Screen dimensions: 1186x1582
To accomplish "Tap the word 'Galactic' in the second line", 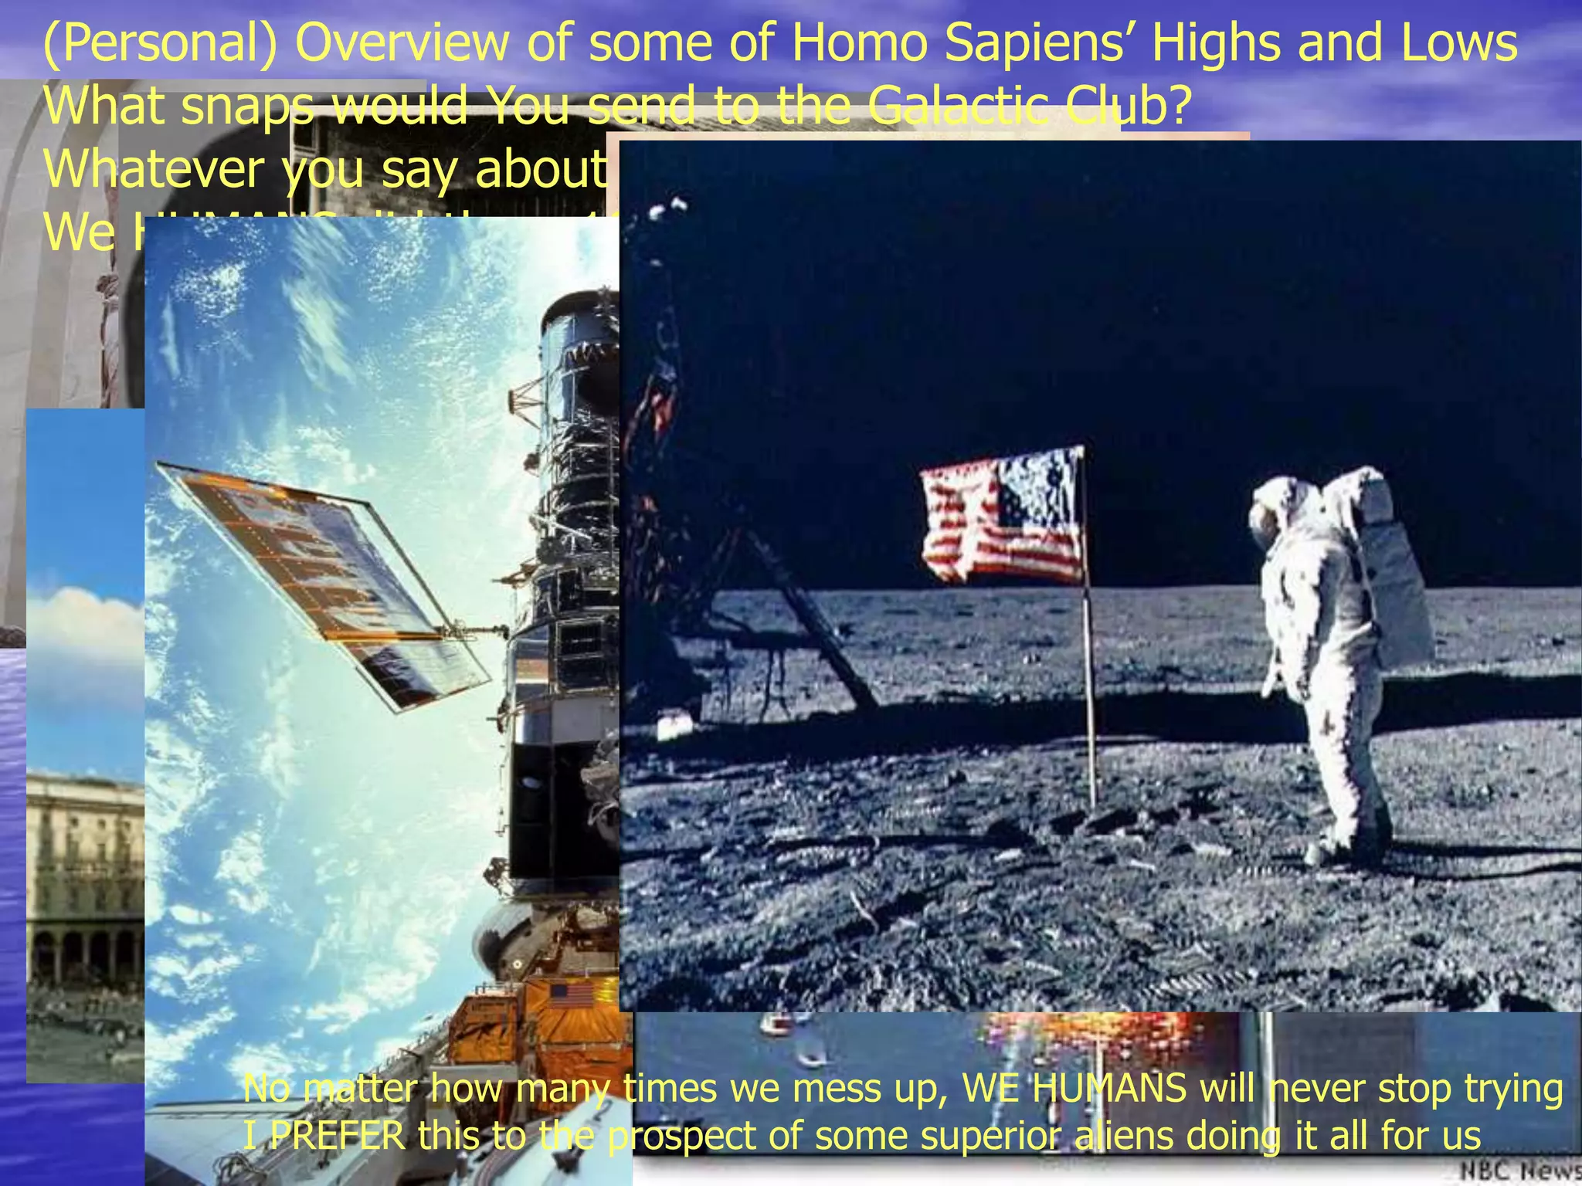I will pyautogui.click(x=958, y=107).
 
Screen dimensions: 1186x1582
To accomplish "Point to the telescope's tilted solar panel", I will pyautogui.click(x=324, y=587).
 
